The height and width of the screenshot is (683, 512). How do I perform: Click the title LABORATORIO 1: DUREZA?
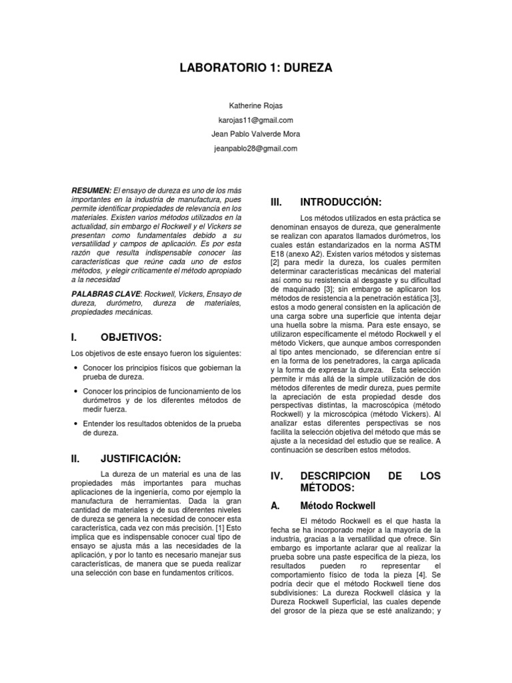coord(256,68)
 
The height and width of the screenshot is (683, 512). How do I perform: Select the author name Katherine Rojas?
coord(255,106)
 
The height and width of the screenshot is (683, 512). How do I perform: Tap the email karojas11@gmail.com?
coord(255,120)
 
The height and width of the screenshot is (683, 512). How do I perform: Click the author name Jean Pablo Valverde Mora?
coord(255,134)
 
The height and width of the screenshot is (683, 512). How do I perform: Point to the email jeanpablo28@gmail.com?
coord(255,148)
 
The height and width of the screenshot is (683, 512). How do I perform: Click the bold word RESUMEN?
coord(91,190)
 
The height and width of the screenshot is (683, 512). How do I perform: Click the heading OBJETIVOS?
coord(131,337)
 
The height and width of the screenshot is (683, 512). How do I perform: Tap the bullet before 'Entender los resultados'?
coord(77,424)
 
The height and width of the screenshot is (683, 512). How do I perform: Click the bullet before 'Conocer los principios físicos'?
coord(77,368)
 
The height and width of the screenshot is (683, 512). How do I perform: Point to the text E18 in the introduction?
coord(279,254)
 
